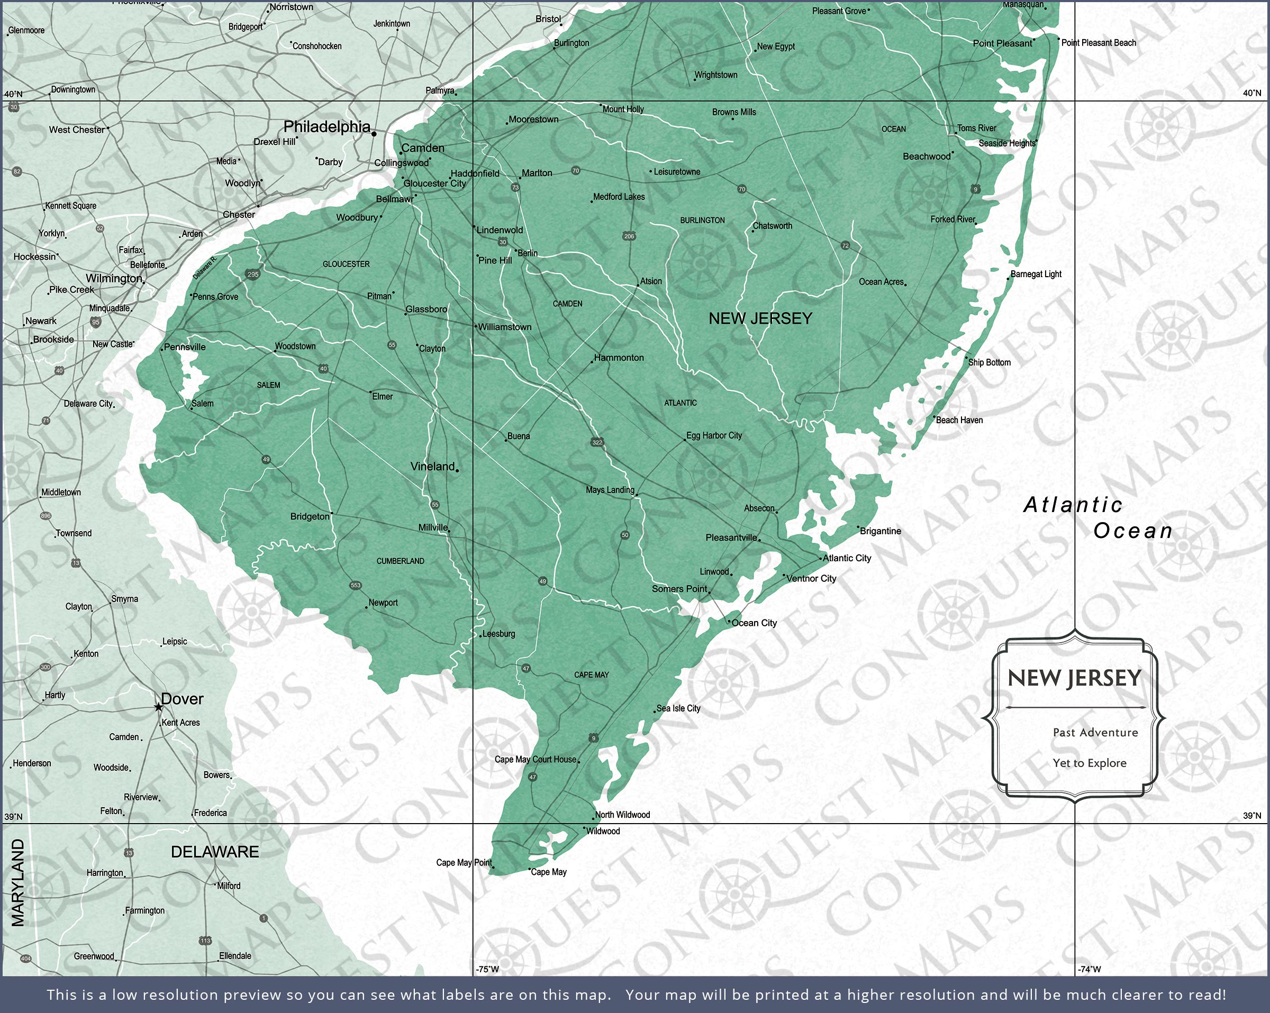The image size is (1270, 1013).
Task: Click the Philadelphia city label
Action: click(x=327, y=126)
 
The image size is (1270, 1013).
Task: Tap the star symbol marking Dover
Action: click(x=158, y=707)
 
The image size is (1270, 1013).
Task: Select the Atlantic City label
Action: click(x=847, y=558)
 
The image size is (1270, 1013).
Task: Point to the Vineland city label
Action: click(x=433, y=467)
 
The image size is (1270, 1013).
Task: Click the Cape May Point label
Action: click(x=464, y=863)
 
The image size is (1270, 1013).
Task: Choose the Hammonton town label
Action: click(x=619, y=358)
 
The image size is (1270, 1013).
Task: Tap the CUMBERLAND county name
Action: click(x=400, y=561)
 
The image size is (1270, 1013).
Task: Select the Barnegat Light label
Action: click(x=1036, y=274)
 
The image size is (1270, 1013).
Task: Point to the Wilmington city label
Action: click(x=114, y=279)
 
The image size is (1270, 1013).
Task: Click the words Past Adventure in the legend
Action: click(x=1095, y=733)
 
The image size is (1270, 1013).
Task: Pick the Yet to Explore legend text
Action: click(x=1089, y=763)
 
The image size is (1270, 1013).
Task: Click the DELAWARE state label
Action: click(x=214, y=852)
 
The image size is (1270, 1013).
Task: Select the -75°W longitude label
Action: click(x=487, y=969)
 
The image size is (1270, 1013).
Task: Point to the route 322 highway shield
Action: click(x=597, y=442)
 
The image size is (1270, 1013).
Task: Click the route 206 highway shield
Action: click(x=629, y=236)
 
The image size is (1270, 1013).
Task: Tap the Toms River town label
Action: click(x=976, y=128)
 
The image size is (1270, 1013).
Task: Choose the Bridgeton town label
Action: click(x=310, y=516)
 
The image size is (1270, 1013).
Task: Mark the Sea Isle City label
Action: click(x=678, y=708)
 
